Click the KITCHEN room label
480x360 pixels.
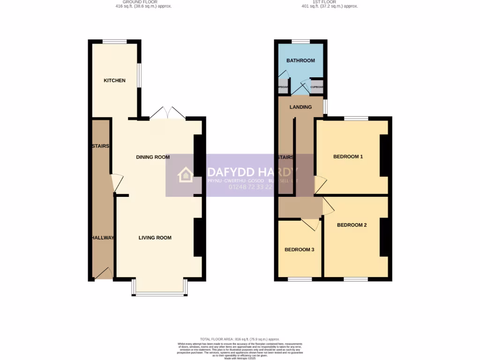coord(114,81)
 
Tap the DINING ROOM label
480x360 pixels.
coord(153,157)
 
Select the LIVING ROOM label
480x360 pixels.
coord(155,238)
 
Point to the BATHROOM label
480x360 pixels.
coord(300,60)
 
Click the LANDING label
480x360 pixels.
coord(300,107)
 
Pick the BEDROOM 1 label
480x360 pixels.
coord(348,157)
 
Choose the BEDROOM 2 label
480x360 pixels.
coord(352,225)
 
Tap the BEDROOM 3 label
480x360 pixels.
coord(299,250)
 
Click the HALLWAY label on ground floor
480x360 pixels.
coord(103,238)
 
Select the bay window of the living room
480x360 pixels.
coord(160,294)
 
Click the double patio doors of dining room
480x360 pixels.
coord(168,113)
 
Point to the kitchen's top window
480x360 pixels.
coord(114,41)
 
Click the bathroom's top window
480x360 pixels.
coord(300,41)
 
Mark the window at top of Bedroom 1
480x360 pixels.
coord(356,118)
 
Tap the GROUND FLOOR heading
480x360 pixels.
coord(143,2)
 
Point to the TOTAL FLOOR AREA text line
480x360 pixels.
coord(240,339)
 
